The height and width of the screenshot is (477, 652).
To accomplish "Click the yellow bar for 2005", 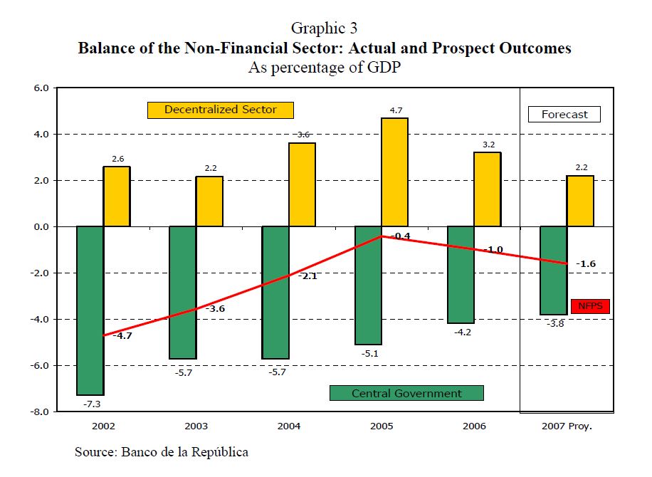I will pyautogui.click(x=394, y=172).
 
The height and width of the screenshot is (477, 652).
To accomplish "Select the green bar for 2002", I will pyautogui.click(x=90, y=310).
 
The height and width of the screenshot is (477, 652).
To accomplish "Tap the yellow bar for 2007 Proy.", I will pyautogui.click(x=580, y=201).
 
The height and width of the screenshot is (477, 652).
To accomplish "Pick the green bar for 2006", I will pyautogui.click(x=461, y=275).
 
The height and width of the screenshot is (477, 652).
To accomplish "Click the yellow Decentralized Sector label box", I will pyautogui.click(x=221, y=110).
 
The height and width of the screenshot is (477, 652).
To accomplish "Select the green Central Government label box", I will pyautogui.click(x=406, y=393).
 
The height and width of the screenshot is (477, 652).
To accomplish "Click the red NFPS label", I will pyautogui.click(x=590, y=307).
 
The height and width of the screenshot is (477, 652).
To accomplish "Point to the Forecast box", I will pyautogui.click(x=564, y=114).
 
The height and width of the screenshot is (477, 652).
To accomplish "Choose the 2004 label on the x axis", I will pyautogui.click(x=289, y=426).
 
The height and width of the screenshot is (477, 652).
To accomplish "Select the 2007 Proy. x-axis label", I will pyautogui.click(x=567, y=426).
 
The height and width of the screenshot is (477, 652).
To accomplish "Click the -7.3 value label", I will pyautogui.click(x=90, y=404).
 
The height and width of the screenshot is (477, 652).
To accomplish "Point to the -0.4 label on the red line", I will pyautogui.click(x=401, y=236).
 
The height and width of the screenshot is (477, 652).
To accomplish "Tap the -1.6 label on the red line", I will pyautogui.click(x=586, y=264).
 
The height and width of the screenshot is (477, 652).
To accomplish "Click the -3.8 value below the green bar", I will pyautogui.click(x=554, y=324).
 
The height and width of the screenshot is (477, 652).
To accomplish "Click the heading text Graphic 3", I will pyautogui.click(x=324, y=28).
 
